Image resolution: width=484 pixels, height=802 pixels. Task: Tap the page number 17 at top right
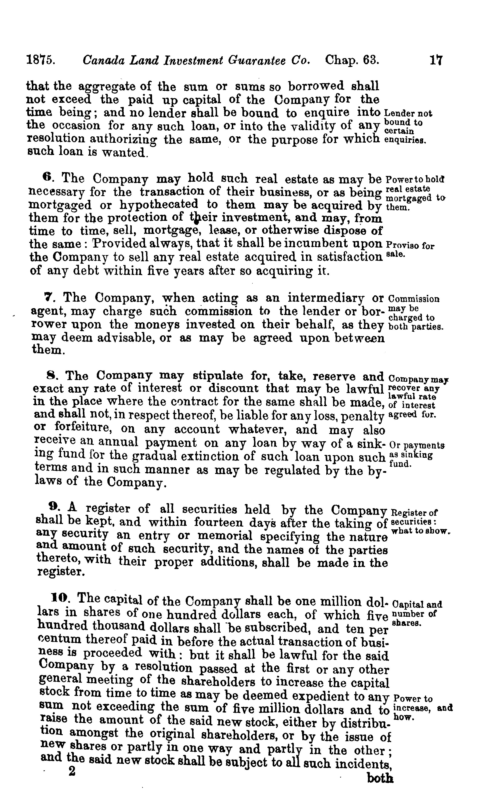click(436, 61)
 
